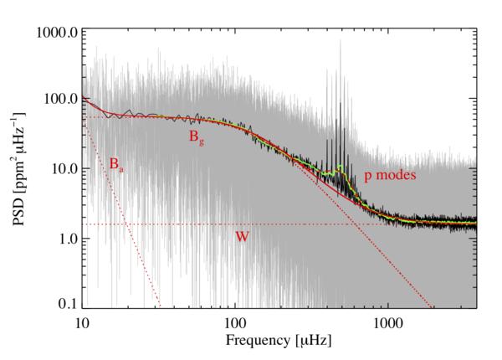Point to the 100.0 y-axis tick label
click(x=58, y=100)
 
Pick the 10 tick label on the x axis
click(x=82, y=321)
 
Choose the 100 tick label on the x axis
click(x=235, y=321)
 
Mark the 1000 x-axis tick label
click(x=387, y=321)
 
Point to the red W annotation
click(x=241, y=237)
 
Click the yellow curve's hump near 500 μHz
click(x=341, y=173)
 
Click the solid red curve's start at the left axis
click(x=83, y=95)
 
